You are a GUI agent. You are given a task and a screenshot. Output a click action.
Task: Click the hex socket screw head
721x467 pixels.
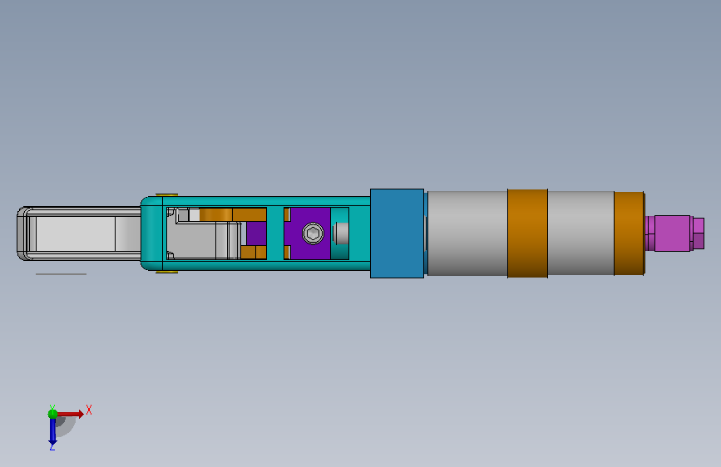313,233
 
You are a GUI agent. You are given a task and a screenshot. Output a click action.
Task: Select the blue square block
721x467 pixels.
397,233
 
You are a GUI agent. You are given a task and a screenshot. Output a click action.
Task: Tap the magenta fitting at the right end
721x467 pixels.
673,233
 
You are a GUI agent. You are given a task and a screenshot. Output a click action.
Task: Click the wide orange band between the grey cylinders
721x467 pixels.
527,233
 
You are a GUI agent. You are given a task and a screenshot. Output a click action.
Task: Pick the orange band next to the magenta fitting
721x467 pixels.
629,233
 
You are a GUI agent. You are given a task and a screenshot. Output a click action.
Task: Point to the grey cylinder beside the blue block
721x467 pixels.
467,233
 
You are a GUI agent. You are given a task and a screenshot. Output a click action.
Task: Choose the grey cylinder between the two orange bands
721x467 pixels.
580,233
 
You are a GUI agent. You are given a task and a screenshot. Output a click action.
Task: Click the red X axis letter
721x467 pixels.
89,410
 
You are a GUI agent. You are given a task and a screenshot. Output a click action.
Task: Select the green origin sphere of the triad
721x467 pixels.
53,414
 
